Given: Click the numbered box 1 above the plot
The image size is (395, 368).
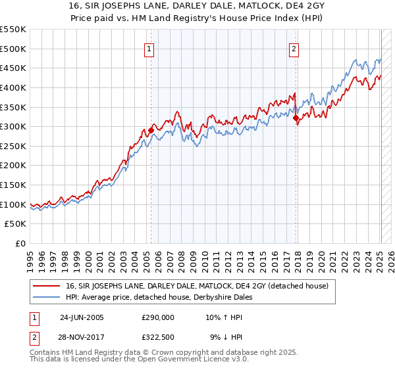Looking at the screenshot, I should coord(150,48).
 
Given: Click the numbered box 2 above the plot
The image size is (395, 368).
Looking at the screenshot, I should coord(294,48).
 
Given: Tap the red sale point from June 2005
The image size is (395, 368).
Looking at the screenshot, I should coord(151,130).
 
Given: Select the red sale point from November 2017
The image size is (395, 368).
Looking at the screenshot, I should coord(296,118).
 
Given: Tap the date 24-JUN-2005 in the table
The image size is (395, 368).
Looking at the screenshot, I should coord(82,317).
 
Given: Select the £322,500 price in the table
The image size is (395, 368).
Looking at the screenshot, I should coord(158,337).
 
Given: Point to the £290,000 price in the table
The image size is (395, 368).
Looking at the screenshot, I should coord(158,317).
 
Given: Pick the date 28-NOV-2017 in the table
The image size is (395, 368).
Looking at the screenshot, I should coord(82,337).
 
